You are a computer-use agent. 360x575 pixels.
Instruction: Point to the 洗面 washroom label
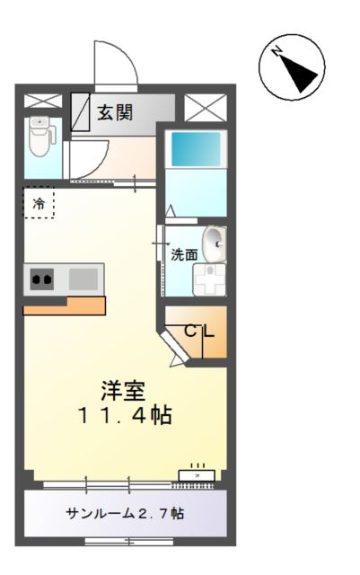(x=184, y=254)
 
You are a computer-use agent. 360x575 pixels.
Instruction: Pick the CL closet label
(x=199, y=331)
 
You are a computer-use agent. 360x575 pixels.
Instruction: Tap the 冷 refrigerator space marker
(x=39, y=204)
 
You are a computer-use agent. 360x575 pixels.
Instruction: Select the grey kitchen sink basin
(x=83, y=279)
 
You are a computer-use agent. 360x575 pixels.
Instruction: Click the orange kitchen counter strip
(x=64, y=306)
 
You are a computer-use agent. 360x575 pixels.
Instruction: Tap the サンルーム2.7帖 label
(x=125, y=514)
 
